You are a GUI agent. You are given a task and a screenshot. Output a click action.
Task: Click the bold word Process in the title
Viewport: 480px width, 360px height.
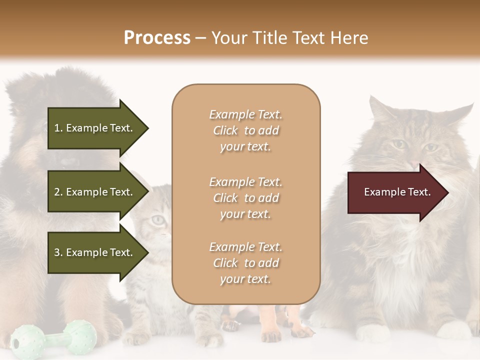(x=157, y=37)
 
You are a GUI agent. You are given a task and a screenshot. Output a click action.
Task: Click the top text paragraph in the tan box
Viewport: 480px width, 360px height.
(x=245, y=130)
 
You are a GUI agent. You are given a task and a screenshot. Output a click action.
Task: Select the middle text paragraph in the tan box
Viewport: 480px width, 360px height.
(x=245, y=198)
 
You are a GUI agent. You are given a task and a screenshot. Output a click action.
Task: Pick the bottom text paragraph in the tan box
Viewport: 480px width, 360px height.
(x=245, y=263)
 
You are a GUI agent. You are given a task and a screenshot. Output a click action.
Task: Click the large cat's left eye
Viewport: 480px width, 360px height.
(x=398, y=144)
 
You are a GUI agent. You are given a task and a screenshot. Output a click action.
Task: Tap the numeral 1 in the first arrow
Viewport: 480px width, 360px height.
(x=57, y=128)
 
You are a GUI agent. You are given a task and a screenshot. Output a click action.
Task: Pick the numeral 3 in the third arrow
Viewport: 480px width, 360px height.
(x=57, y=252)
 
